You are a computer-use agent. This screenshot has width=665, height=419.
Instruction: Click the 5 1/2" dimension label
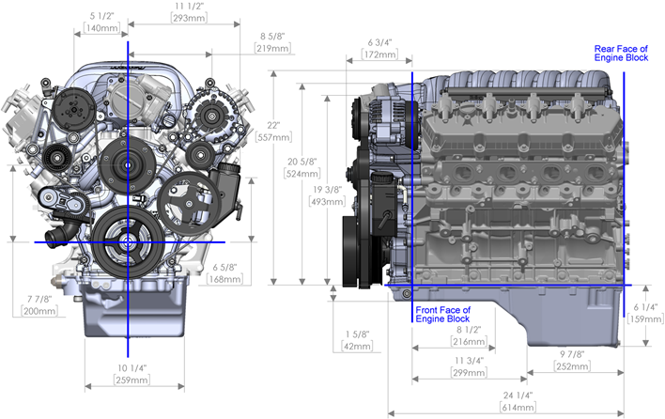pos(101,16)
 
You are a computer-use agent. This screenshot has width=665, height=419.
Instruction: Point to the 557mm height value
pos(271,137)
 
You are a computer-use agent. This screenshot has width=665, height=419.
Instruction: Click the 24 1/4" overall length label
pos(518,396)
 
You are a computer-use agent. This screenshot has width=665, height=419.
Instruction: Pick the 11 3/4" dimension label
pos(469,361)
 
